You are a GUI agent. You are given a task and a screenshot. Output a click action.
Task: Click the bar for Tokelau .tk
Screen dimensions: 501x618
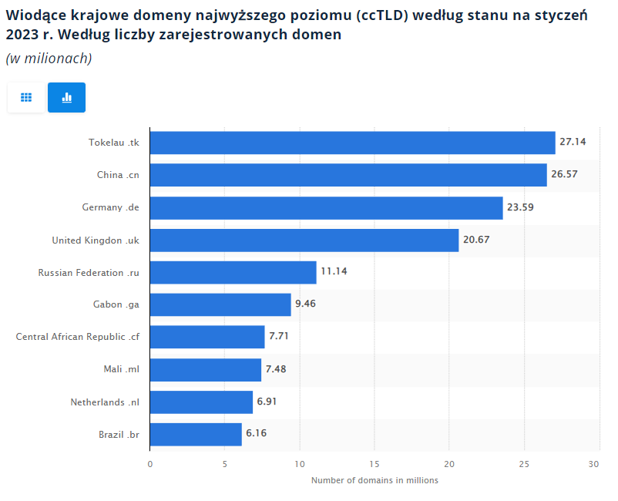(x=352, y=143)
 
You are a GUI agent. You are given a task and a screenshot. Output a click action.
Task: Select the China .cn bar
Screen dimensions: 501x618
(x=348, y=175)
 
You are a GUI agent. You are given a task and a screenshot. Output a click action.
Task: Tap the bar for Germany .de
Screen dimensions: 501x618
(x=326, y=207)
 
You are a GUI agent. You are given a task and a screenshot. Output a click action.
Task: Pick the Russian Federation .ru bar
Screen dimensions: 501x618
(x=233, y=272)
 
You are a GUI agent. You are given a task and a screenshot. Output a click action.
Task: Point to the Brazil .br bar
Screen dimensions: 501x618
(x=196, y=434)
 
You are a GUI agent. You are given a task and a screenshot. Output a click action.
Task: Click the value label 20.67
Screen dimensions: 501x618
(x=476, y=240)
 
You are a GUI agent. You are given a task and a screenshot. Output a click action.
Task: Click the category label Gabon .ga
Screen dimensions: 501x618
(x=116, y=304)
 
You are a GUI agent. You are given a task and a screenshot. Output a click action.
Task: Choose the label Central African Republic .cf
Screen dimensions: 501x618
(x=77, y=337)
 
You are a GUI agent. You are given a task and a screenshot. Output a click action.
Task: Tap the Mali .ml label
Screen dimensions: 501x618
(x=121, y=369)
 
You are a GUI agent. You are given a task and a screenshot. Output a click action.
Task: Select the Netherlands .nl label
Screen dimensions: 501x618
(x=105, y=402)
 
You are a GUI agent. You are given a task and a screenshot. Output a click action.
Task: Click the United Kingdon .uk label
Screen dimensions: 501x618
(x=96, y=240)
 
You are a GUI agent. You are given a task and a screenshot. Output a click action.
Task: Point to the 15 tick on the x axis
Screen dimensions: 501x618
(x=374, y=464)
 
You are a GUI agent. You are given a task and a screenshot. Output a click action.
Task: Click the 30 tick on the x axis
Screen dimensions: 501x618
(x=593, y=464)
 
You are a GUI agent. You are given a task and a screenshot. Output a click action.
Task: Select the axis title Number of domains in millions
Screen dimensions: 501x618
(x=374, y=480)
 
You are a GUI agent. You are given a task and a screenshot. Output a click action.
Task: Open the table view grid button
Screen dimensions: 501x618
(x=26, y=98)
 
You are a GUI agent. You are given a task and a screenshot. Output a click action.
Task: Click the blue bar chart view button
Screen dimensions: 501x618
(x=66, y=98)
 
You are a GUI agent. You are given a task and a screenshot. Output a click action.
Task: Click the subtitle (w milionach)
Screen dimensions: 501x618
(x=49, y=59)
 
